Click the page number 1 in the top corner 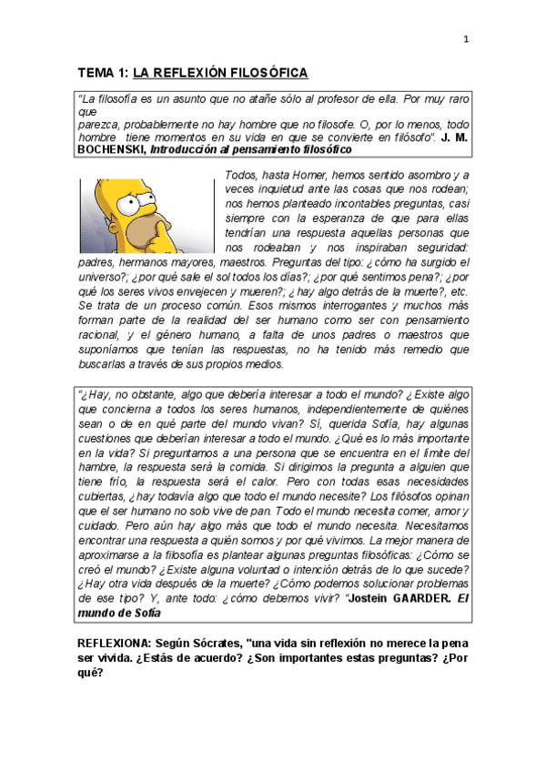tap(466, 38)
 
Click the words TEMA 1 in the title tap(102, 74)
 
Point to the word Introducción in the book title tap(183, 148)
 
